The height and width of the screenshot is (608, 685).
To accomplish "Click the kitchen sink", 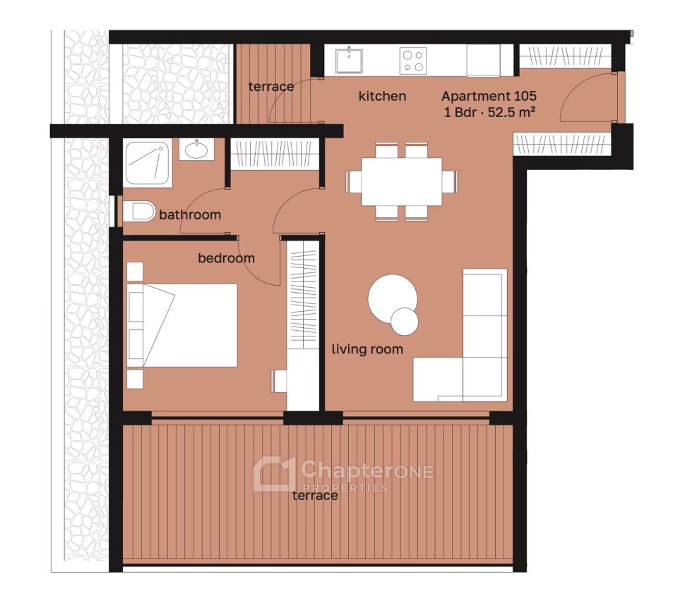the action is pos(349,61).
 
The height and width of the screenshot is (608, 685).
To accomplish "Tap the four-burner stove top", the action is pos(413,61).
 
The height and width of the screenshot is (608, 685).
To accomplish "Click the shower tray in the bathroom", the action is pos(147,163).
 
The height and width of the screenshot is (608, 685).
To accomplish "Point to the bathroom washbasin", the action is pos(196,150).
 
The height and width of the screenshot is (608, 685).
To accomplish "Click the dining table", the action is pos(402,181).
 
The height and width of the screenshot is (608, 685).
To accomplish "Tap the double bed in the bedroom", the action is pos(181,325).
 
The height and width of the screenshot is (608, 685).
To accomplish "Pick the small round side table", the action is pos(405,321).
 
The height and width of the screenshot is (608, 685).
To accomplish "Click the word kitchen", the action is pos(382,96).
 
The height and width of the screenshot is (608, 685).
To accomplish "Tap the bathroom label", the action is pos(190,214).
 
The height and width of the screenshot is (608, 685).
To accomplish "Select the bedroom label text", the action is pos(226,258).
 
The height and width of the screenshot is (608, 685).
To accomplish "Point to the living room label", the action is pos(367,349).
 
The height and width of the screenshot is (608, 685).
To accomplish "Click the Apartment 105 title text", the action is pos(489,96).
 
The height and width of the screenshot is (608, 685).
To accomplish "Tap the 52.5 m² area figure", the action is pos(511,112).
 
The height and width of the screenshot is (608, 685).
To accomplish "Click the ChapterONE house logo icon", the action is pos(274,474).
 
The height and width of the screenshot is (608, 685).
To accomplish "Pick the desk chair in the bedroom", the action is pos(279,381).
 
